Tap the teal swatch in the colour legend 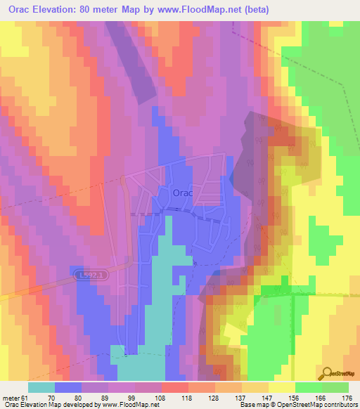pyautogui.click(x=41, y=388)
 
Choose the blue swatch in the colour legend pyautogui.click(x=68, y=388)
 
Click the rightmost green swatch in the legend pyautogui.click(x=335, y=388)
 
